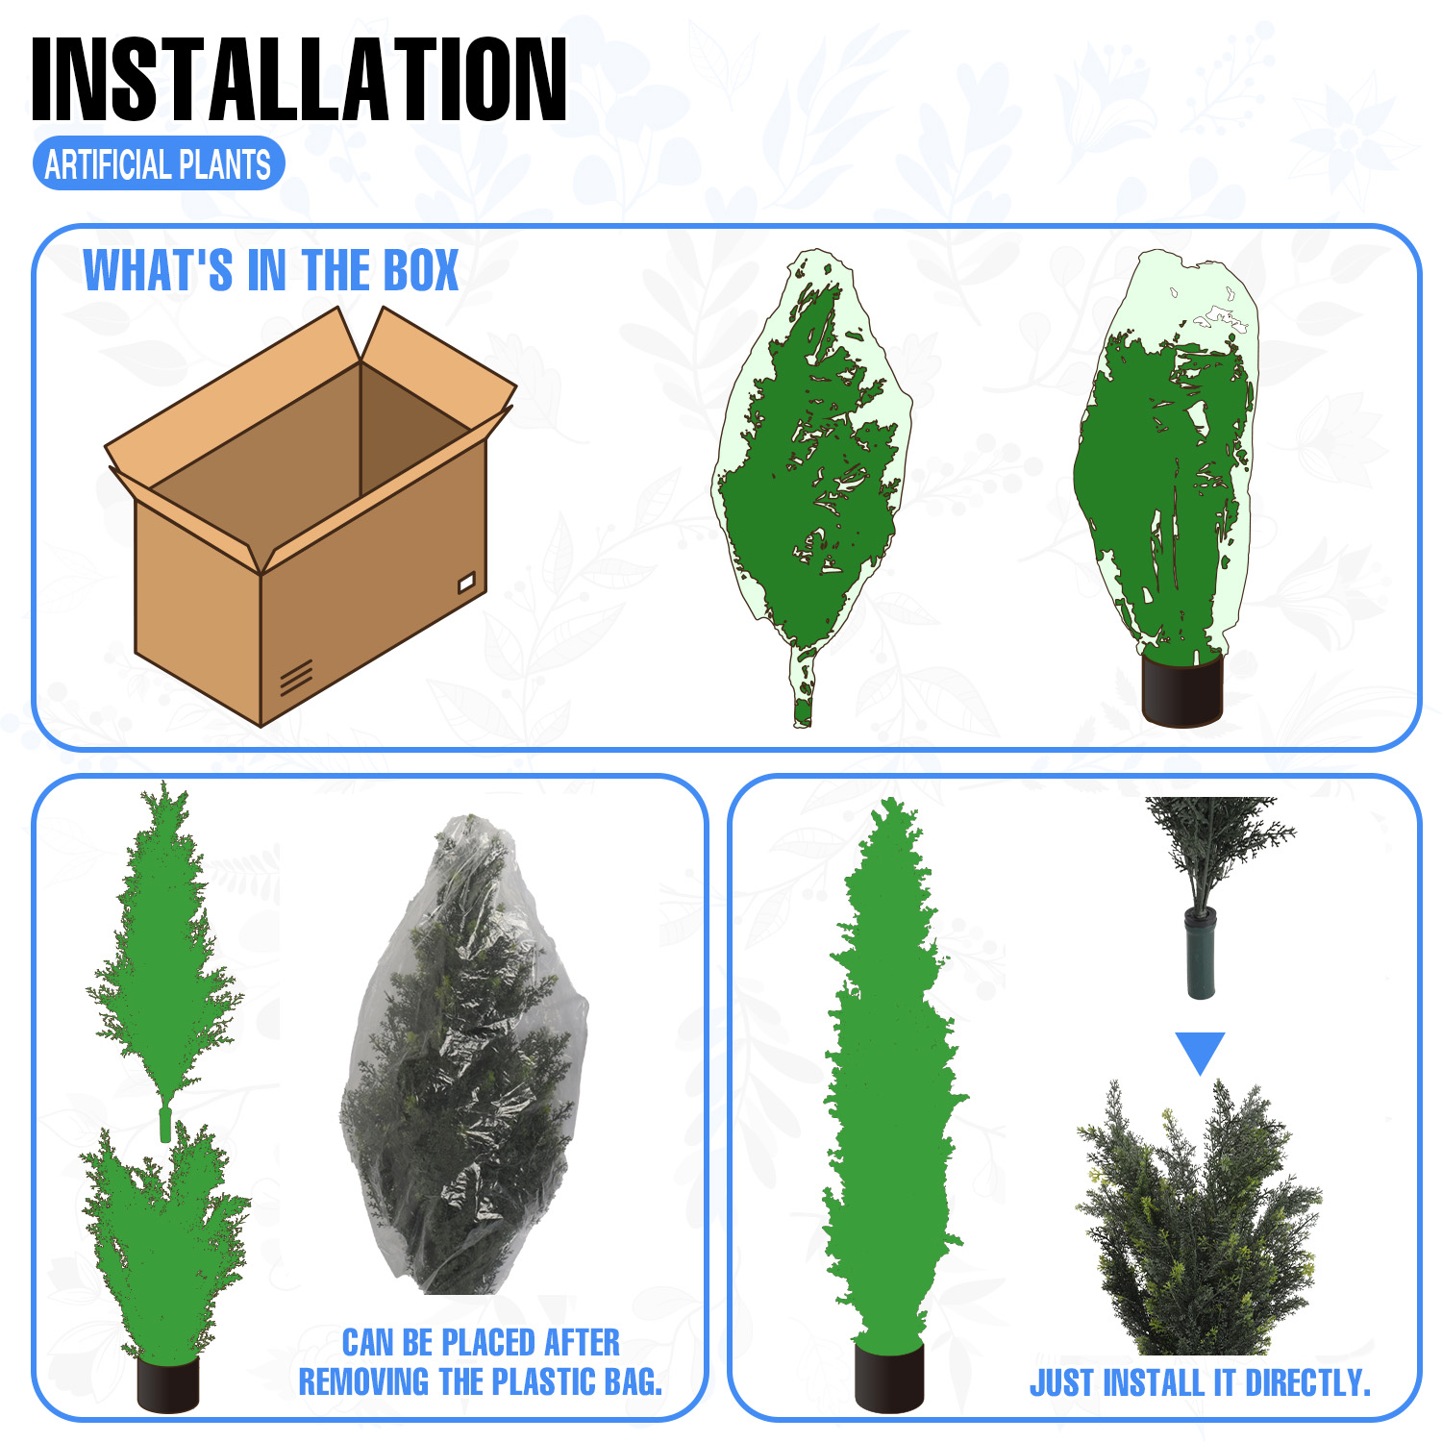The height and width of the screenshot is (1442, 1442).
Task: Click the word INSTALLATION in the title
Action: click(x=299, y=80)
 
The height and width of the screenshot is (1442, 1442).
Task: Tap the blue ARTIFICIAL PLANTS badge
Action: click(x=159, y=164)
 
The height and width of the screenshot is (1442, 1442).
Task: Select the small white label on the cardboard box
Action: click(x=467, y=582)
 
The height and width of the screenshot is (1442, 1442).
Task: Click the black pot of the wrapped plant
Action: click(x=1182, y=690)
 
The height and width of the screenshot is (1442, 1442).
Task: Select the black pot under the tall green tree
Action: click(x=889, y=1377)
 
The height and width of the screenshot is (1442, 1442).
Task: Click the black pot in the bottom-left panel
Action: click(x=168, y=1384)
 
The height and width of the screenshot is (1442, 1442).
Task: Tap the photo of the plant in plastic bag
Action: click(x=463, y=1054)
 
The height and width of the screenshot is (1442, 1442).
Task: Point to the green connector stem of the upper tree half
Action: click(x=165, y=1123)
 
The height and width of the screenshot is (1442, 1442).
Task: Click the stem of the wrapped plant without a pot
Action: click(x=803, y=685)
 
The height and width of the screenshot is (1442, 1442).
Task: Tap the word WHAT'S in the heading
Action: click(x=158, y=270)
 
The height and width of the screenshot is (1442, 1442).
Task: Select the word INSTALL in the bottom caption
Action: click(x=1153, y=1382)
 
